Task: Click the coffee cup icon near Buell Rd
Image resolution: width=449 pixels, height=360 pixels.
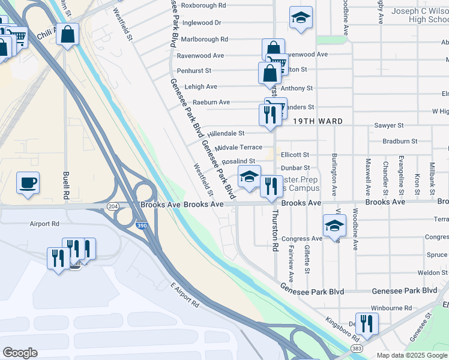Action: (x=28, y=182)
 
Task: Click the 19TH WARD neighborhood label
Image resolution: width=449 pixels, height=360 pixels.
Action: (x=318, y=121)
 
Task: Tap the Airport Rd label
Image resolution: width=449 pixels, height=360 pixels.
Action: (x=44, y=224)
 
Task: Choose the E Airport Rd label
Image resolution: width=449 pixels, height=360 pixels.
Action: (x=184, y=294)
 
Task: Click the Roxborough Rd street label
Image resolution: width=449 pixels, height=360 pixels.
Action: (x=203, y=5)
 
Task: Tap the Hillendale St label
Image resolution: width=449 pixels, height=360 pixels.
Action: (x=226, y=133)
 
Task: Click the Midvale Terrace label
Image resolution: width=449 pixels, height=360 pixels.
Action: (x=238, y=147)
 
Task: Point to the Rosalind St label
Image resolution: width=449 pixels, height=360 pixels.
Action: (x=239, y=161)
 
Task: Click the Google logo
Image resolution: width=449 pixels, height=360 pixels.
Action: (x=20, y=353)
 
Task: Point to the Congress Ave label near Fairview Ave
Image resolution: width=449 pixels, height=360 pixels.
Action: (x=302, y=239)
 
